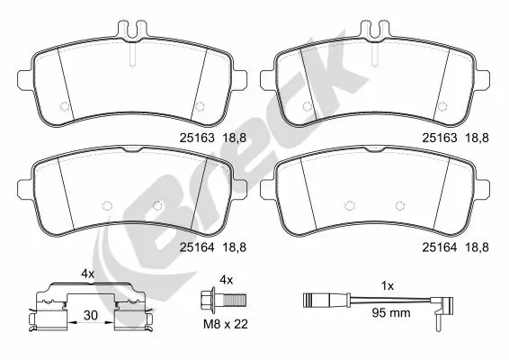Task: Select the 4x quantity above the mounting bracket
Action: pos(88,272)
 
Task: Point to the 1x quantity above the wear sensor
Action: pos(388,285)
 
